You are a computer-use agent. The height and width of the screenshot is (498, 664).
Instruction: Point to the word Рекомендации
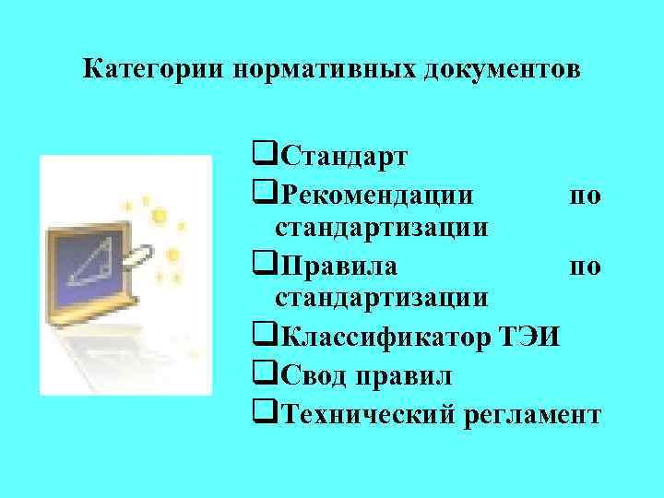(x=379, y=195)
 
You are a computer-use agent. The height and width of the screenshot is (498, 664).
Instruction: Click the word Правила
(x=338, y=267)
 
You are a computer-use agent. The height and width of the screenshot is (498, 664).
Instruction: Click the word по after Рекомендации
(x=586, y=195)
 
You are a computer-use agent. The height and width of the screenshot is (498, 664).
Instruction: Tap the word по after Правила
(x=586, y=267)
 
